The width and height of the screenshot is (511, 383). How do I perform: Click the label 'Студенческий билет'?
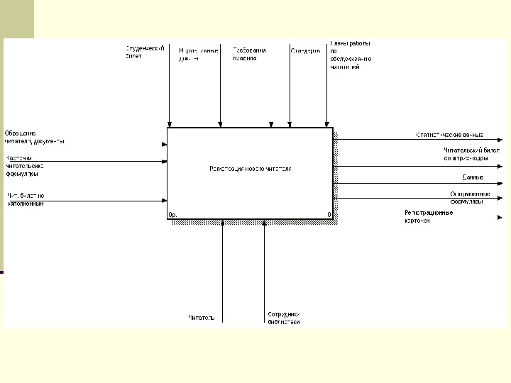(145, 52)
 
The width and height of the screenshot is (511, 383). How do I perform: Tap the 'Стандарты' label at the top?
(305, 50)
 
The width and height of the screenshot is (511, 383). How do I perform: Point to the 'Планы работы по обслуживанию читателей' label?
(351, 55)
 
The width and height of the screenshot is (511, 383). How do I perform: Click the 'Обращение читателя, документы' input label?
(34, 137)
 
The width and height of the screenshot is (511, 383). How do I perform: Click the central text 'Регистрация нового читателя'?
(250, 169)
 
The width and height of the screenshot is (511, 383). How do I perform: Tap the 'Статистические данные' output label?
(449, 134)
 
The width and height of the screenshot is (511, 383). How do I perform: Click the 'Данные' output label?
(473, 177)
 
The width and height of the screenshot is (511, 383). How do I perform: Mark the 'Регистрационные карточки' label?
(428, 216)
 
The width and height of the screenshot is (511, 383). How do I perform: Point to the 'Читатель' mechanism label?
(202, 317)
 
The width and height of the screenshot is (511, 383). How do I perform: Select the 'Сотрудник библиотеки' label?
(284, 318)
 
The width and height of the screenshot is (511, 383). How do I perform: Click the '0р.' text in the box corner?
(172, 214)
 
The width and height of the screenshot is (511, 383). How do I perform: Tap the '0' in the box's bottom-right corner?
(329, 214)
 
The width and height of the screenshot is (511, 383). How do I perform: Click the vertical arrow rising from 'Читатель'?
(223, 270)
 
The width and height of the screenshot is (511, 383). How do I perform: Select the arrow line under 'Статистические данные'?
(412, 140)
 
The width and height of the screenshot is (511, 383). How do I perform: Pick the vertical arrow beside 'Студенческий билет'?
(170, 85)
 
